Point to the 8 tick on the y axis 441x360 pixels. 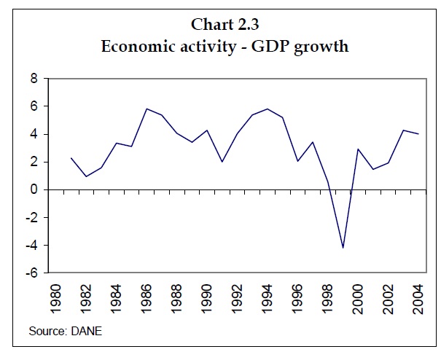[34, 79]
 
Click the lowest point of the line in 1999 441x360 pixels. [343, 248]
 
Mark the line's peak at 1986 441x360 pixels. [147, 109]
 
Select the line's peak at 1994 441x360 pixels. [268, 109]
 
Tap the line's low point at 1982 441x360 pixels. [86, 176]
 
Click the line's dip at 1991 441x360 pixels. [222, 162]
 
